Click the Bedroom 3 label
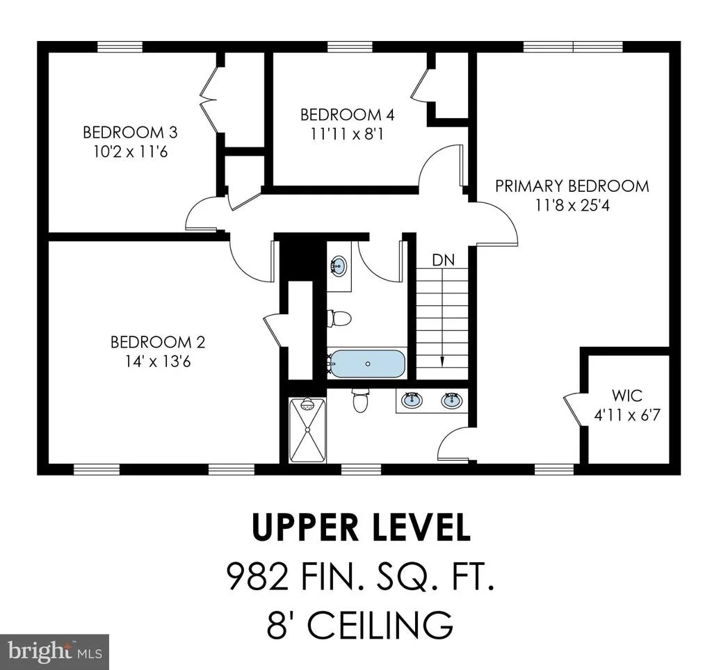(130, 133)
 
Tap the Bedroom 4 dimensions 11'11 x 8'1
(347, 134)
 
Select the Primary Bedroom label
(572, 186)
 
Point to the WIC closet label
(626, 395)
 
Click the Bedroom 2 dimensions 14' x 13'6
(158, 361)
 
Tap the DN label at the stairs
(443, 260)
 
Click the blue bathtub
(367, 363)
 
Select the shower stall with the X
(307, 430)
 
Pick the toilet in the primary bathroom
(360, 400)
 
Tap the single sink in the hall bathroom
(339, 266)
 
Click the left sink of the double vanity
(412, 400)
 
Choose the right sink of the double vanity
(452, 400)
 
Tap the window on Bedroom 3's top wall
(120, 47)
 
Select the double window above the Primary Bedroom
(573, 47)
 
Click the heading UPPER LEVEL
(362, 527)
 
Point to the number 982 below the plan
(257, 576)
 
